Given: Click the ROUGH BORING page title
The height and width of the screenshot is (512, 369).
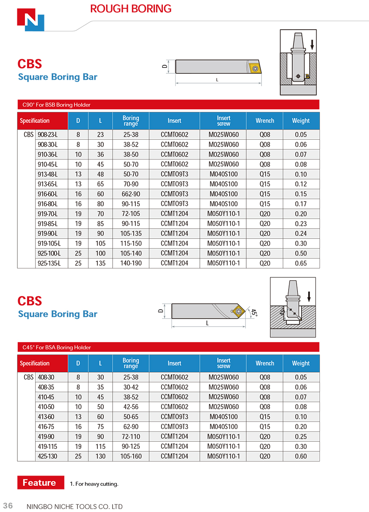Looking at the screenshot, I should (x=131, y=8).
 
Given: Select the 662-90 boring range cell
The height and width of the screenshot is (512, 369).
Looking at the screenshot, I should (x=130, y=194).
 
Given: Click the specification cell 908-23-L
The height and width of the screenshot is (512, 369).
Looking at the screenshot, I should (x=48, y=135).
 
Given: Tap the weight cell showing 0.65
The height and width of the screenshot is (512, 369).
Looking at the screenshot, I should (x=301, y=263).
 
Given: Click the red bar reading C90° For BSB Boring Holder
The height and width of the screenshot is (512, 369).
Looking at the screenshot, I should (x=168, y=105).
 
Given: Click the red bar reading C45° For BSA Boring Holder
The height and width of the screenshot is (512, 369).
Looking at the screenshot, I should (x=168, y=347).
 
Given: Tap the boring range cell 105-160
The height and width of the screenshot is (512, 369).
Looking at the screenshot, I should (x=130, y=457).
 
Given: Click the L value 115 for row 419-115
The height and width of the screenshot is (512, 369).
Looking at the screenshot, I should (x=100, y=446).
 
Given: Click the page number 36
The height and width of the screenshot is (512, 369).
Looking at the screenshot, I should (x=8, y=506).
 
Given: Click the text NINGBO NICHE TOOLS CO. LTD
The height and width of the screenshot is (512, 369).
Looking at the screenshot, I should (x=74, y=506).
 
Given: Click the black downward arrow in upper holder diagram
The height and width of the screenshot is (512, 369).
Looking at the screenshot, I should (x=312, y=44).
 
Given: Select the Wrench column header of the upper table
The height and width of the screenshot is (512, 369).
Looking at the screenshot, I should (x=264, y=121).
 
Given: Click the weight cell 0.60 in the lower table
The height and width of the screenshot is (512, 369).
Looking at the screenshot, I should (x=301, y=457).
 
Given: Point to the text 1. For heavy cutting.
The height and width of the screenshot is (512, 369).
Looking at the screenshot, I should (x=94, y=484).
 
